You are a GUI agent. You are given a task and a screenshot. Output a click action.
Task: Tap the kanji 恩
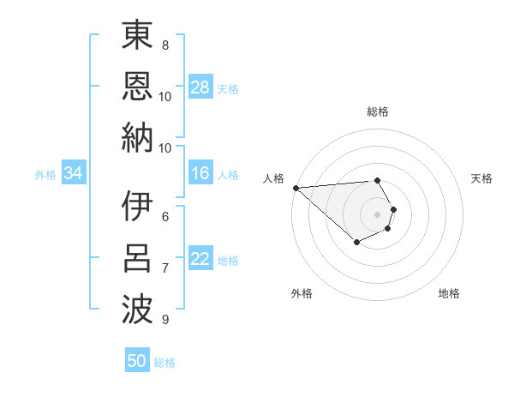137,86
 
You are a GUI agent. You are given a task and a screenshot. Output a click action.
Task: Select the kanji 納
137,137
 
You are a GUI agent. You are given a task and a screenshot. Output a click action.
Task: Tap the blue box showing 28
200,87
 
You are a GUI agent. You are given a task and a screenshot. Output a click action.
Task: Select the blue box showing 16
200,174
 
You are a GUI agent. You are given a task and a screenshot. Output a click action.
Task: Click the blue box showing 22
200,260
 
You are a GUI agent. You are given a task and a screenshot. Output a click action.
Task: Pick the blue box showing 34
74,174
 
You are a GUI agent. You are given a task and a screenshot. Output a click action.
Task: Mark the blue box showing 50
137,361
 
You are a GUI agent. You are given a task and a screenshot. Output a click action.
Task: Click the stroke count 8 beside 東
165,45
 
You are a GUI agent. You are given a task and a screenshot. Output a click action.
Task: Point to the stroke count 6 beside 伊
165,217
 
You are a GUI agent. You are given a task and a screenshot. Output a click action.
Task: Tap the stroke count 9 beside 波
165,320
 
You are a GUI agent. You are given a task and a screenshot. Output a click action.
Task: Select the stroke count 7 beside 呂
165,268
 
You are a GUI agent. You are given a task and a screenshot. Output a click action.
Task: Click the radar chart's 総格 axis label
378,111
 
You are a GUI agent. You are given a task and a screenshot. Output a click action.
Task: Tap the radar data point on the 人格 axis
296,187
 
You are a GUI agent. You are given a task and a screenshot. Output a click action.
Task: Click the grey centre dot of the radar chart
378,214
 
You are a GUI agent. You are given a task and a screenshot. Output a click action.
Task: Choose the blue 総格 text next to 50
165,363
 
